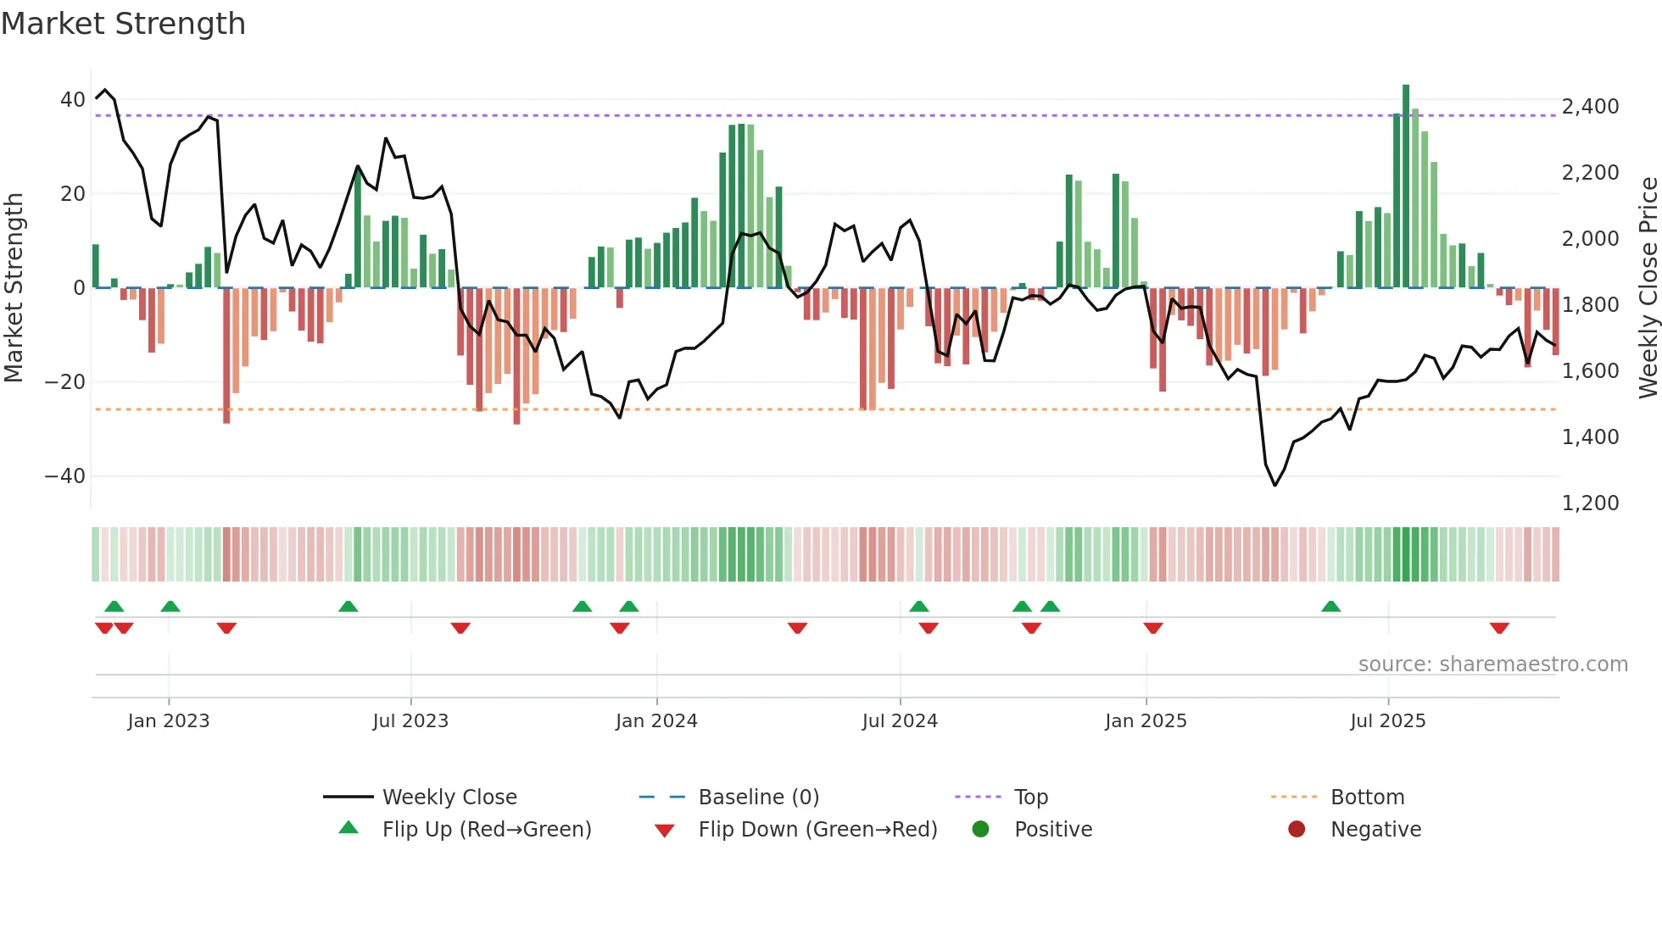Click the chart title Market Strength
(x=123, y=24)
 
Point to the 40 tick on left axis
(x=72, y=100)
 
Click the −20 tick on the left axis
(x=64, y=382)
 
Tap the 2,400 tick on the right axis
(x=1590, y=107)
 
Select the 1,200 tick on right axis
(x=1590, y=503)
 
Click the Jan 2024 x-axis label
(x=656, y=721)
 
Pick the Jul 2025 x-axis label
(x=1387, y=721)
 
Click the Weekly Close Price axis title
(x=1648, y=287)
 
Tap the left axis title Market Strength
(x=14, y=287)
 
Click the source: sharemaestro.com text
(x=1492, y=664)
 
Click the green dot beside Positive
(x=980, y=830)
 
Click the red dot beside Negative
(x=1297, y=830)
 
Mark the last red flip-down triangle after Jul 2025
(x=1499, y=628)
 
